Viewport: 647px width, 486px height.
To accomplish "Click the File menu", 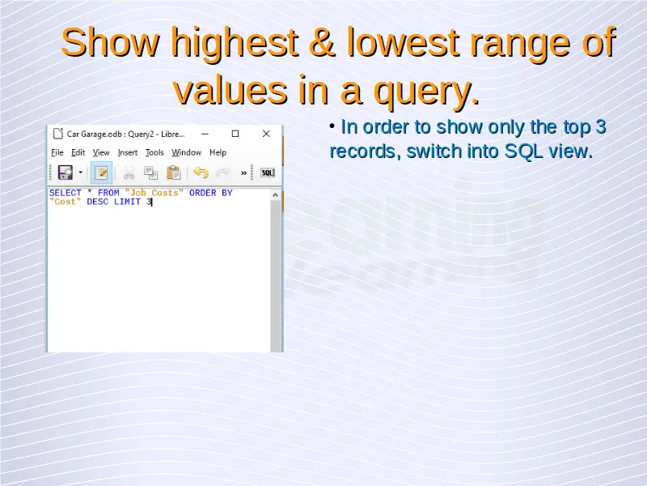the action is tap(57, 152).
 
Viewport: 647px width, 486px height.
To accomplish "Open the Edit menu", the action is tap(78, 152).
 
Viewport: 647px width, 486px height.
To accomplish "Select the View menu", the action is tap(101, 152).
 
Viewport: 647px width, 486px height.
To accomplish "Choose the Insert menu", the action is tap(128, 152).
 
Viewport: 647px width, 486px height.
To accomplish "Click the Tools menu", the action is tap(154, 152).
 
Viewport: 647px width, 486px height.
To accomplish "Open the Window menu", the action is tap(187, 152).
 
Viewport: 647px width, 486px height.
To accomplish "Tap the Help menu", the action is tap(218, 152).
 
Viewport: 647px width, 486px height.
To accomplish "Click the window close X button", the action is tap(266, 134).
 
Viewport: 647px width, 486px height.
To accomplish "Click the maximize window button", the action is tap(235, 134).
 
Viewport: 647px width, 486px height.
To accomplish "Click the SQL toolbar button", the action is tap(268, 173).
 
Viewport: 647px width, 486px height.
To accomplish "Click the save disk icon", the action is tap(66, 173).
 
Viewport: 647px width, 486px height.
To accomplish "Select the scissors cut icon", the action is tap(129, 173).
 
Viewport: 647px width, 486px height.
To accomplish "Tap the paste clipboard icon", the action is tap(174, 173).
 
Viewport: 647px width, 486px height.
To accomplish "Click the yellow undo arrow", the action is tap(201, 173).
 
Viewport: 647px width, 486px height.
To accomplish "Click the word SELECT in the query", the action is tap(66, 193).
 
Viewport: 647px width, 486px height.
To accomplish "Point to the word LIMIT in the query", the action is tap(127, 202).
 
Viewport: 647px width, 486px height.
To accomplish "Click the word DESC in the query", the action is tap(97, 202).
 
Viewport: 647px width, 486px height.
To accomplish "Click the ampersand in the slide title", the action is tap(322, 42).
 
